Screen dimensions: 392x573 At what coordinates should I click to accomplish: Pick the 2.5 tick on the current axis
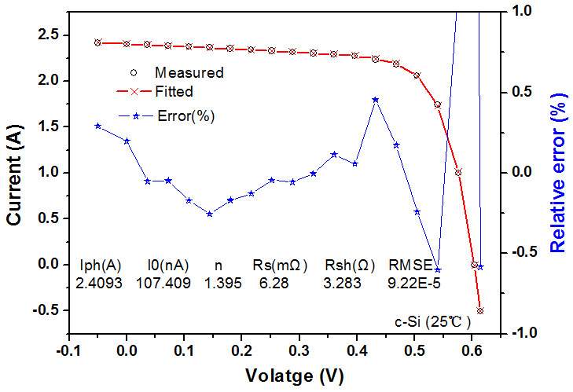(x=49, y=35)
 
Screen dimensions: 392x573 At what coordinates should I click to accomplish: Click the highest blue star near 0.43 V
(x=376, y=100)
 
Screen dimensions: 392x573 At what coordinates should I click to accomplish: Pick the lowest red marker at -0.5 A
(x=480, y=310)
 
